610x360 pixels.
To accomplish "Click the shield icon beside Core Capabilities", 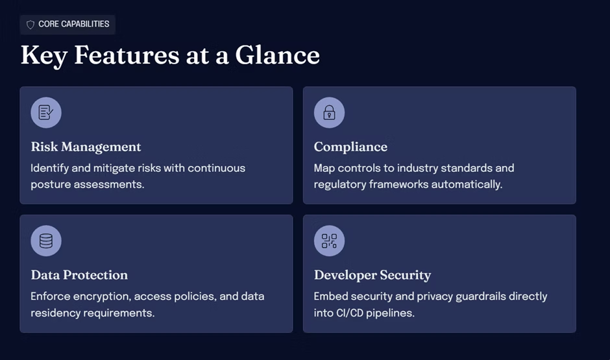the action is [30, 25].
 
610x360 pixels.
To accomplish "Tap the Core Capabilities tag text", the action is [74, 24].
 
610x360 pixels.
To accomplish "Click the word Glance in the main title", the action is [277, 55].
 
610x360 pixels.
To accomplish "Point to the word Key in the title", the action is [44, 56].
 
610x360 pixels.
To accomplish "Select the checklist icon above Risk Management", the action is [46, 112].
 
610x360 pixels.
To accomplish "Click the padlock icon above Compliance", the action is [329, 112].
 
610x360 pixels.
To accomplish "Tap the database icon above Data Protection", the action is [46, 241].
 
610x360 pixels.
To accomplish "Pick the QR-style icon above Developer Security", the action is [329, 241].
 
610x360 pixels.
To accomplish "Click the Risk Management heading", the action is [86, 147].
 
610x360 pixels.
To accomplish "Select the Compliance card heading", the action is [350, 147].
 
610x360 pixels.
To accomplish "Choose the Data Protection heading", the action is [79, 275].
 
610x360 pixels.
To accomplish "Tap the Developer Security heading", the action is [372, 275].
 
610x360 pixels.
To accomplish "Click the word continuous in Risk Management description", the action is [216, 168].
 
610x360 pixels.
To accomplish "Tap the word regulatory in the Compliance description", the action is [340, 184].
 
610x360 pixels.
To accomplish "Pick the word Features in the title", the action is [127, 55].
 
